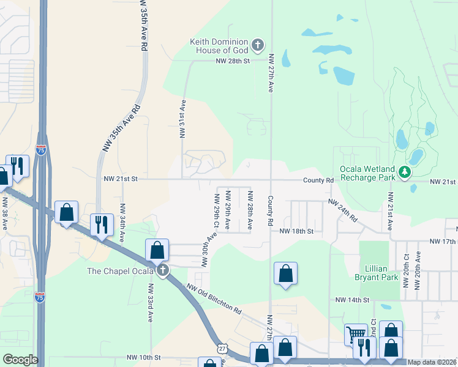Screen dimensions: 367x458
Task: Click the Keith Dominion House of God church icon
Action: [x=258, y=45]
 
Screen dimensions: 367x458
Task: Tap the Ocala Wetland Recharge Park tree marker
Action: [x=404, y=173]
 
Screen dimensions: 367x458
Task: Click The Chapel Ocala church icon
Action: [x=162, y=270]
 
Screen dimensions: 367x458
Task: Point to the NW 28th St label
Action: [x=233, y=61]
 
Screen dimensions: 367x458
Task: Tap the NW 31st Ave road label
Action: [x=182, y=119]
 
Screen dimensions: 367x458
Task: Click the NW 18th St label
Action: [x=296, y=232]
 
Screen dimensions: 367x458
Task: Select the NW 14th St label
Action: [x=353, y=300]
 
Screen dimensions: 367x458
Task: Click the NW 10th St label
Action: [x=143, y=357]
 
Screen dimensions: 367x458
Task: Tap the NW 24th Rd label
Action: [x=342, y=210]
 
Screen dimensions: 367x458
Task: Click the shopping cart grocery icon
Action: [x=355, y=334]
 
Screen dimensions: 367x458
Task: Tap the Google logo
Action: [x=20, y=359]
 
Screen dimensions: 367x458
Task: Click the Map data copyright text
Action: [x=432, y=362]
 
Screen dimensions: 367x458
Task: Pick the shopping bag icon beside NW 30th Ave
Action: [x=157, y=250]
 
